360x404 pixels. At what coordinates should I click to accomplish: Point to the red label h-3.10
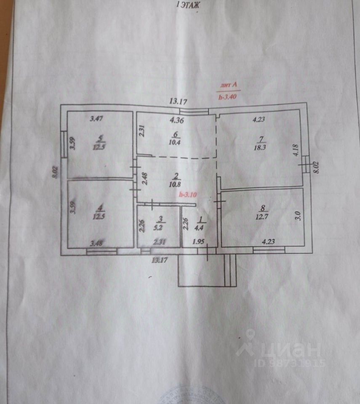188,195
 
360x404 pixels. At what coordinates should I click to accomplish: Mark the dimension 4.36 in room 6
177,120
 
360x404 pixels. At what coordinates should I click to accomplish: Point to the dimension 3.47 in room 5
97,119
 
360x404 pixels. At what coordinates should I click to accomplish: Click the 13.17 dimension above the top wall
178,101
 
